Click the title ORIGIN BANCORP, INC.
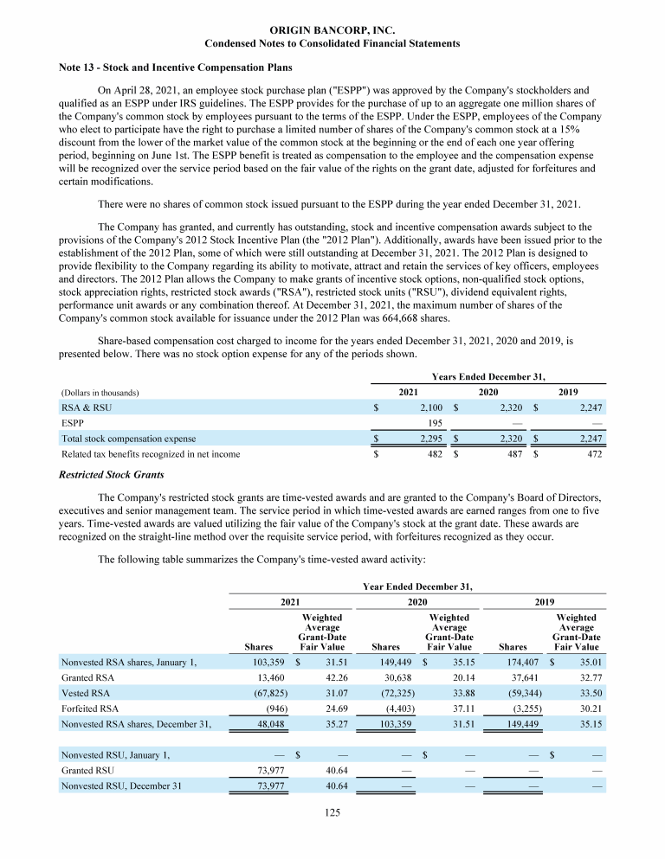click(x=332, y=30)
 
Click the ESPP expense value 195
click(x=436, y=423)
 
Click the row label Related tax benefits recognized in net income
click(x=151, y=453)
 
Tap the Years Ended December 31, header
click(x=488, y=376)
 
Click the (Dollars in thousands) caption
click(x=100, y=393)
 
